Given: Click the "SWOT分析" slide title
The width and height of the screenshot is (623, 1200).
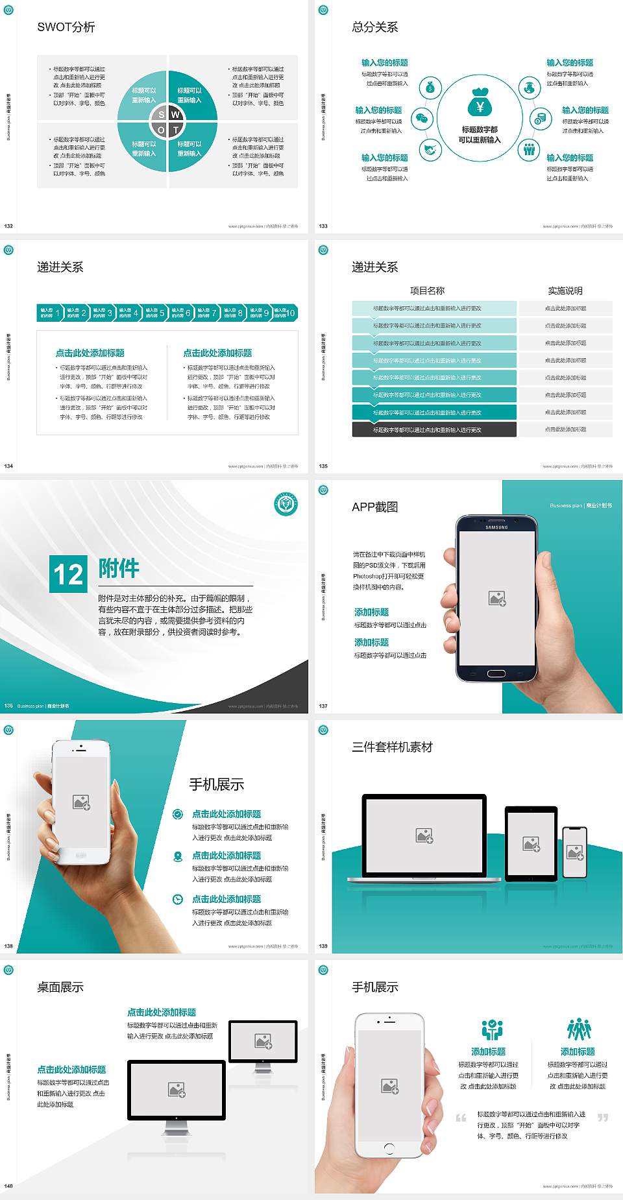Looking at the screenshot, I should [x=66, y=27].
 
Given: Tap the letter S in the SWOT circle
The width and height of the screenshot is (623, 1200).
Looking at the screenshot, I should [x=162, y=115].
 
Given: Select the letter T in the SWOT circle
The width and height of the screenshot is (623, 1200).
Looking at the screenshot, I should [x=176, y=130].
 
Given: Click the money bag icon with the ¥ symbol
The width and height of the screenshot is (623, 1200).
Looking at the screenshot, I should [x=480, y=102].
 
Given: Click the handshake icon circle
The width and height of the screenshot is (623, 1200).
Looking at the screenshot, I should [x=430, y=150].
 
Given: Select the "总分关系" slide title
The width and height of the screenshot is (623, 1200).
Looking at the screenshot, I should [x=375, y=27].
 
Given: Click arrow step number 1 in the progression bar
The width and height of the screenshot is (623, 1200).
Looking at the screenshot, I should [x=58, y=313].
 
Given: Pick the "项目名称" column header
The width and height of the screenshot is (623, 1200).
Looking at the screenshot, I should [x=427, y=291].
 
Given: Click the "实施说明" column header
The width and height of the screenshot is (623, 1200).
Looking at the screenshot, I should [x=565, y=291].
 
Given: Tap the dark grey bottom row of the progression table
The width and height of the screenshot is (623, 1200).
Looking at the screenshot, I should [x=434, y=429].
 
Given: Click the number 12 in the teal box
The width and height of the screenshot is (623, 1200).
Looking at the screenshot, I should [x=68, y=574].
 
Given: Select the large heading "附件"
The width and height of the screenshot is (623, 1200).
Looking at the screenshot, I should [x=119, y=568].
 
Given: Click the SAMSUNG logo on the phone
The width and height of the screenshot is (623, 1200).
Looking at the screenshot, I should [x=496, y=527].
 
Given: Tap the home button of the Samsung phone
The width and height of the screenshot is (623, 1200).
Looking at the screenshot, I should [x=496, y=673].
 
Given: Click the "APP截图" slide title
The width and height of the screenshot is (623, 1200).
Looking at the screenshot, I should [x=375, y=507].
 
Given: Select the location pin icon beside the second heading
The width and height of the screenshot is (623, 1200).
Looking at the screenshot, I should [x=178, y=856].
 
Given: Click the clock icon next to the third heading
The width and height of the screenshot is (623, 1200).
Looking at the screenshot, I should [x=178, y=899].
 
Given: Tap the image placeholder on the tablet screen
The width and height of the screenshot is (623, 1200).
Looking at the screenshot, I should [x=531, y=844].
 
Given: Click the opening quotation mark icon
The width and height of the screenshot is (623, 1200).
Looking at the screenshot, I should [x=461, y=1118].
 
